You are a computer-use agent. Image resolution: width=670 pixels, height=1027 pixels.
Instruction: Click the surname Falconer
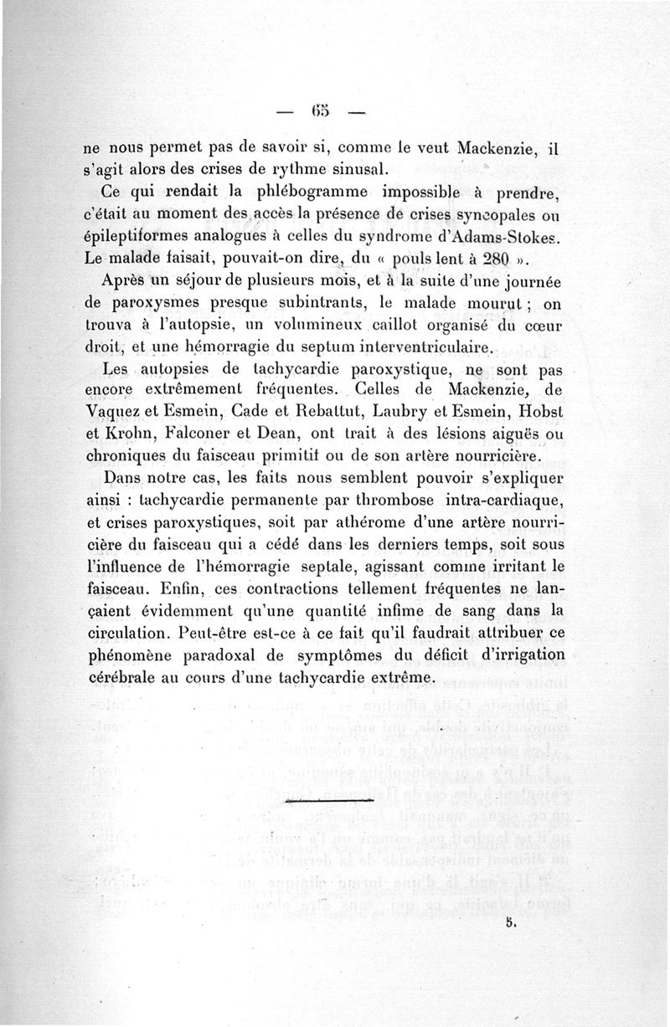(204, 434)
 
